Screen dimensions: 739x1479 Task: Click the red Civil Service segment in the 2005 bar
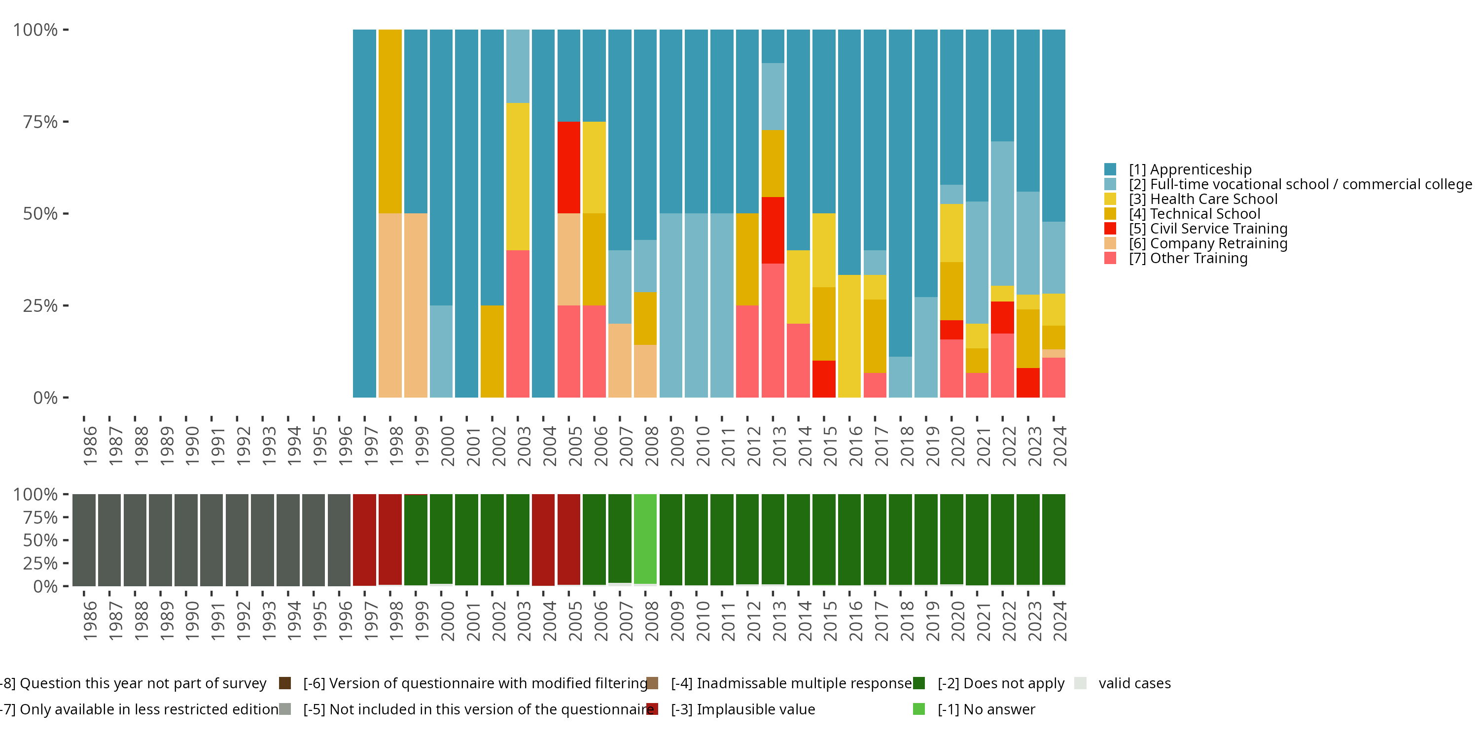click(x=568, y=167)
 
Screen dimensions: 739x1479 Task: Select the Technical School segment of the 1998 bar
click(x=390, y=121)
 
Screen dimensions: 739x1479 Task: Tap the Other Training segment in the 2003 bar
click(x=517, y=324)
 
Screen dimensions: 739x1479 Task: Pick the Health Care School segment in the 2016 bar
click(x=849, y=336)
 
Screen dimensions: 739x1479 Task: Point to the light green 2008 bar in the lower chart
click(x=645, y=539)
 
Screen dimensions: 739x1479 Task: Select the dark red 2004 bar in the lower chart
click(x=543, y=539)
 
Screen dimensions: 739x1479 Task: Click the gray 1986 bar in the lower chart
click(x=84, y=539)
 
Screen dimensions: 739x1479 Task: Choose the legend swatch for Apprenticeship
click(x=1110, y=169)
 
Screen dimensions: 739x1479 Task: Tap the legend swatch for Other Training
click(x=1110, y=258)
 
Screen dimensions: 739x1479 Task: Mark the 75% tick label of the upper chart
click(x=40, y=122)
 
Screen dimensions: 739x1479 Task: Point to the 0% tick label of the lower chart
click(x=45, y=586)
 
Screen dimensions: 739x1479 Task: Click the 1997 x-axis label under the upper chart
click(x=370, y=446)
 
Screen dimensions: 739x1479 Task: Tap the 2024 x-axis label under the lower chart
click(x=1059, y=621)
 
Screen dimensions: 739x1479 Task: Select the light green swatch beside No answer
click(x=918, y=709)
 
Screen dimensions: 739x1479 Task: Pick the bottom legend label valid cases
click(x=1134, y=683)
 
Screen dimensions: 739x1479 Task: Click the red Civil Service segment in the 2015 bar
click(x=823, y=379)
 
